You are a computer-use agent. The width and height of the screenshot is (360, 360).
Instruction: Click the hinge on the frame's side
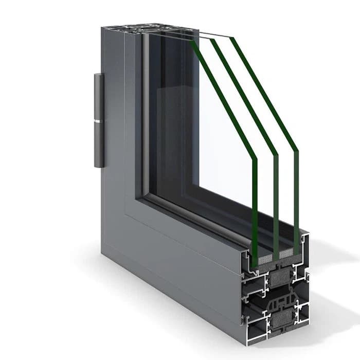pos(99,121)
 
